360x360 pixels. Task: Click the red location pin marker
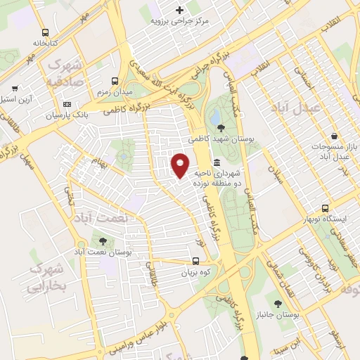(x=181, y=165)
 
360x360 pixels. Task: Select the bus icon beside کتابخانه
(x=46, y=32)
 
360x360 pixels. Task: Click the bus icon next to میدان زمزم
(x=115, y=81)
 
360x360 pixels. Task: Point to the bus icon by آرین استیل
(x=15, y=90)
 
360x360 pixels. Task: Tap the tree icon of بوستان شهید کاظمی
(x=222, y=128)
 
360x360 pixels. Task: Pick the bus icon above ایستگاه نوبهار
(x=325, y=209)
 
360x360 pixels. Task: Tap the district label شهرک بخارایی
(x=47, y=278)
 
